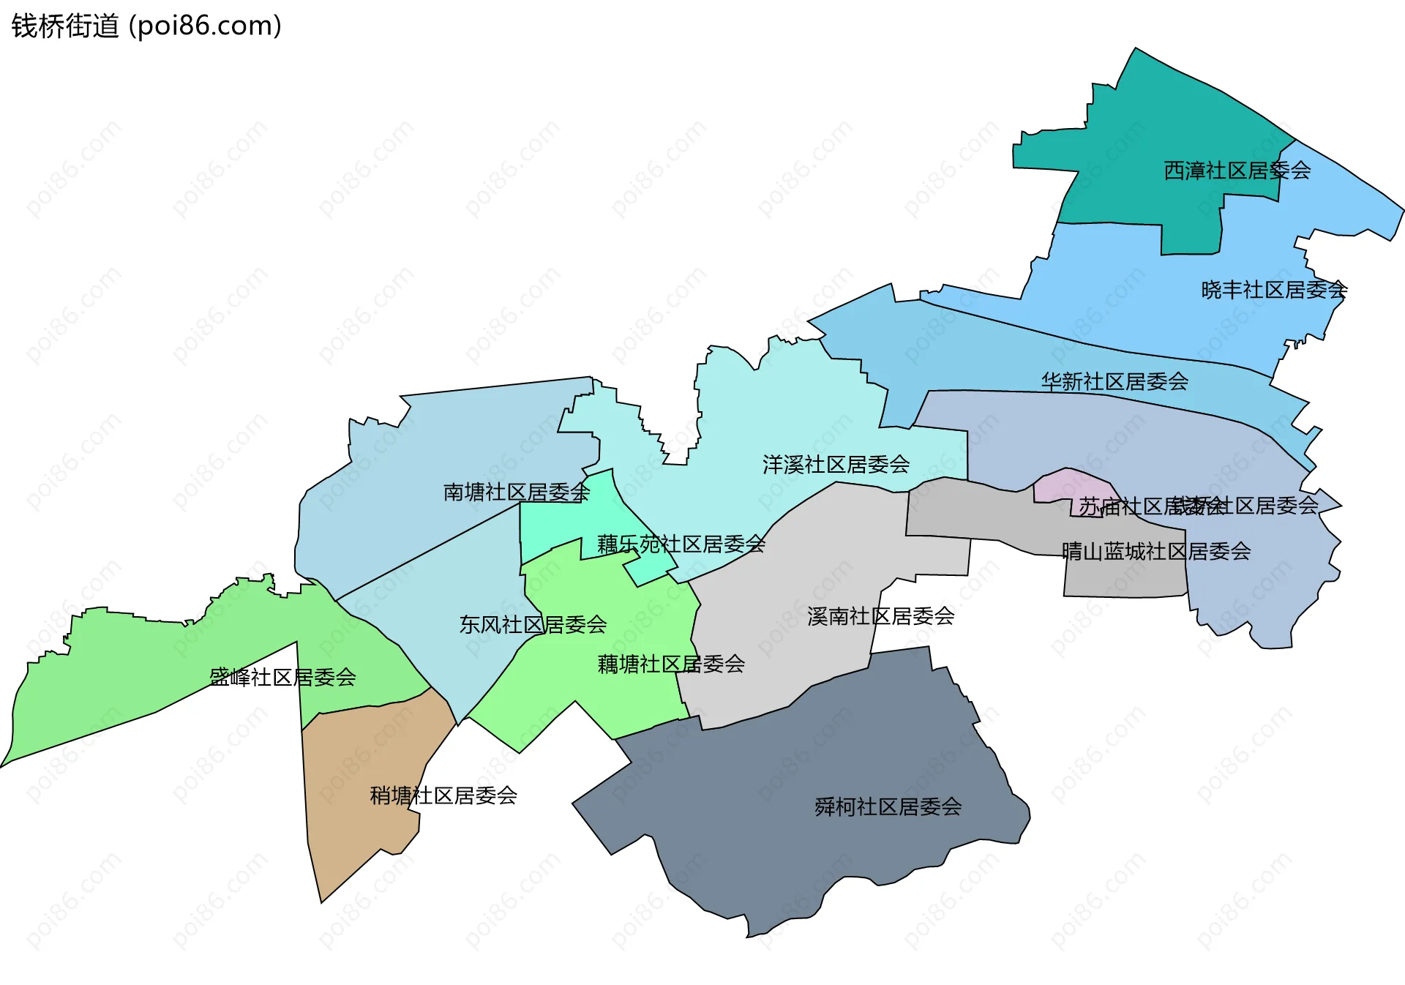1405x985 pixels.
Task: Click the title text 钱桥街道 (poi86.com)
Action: [x=146, y=26]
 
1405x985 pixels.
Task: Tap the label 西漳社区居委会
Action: [x=1237, y=171]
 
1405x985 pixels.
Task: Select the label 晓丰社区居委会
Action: [x=1274, y=290]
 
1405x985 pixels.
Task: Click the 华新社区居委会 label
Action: [x=1114, y=381]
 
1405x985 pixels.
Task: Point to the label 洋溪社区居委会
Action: [x=836, y=464]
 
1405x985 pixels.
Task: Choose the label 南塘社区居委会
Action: [x=516, y=492]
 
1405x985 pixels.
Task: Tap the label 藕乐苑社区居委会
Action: [x=681, y=544]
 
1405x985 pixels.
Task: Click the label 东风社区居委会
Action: [x=533, y=624]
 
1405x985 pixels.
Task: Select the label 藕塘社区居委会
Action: [x=671, y=664]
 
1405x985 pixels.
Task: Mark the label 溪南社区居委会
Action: [x=880, y=616]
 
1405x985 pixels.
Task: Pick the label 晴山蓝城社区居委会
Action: [x=1156, y=551]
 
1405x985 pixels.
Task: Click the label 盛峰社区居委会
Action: [x=282, y=677]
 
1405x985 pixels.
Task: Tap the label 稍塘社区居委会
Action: [x=443, y=795]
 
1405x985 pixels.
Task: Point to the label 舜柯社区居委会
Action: [x=888, y=806]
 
